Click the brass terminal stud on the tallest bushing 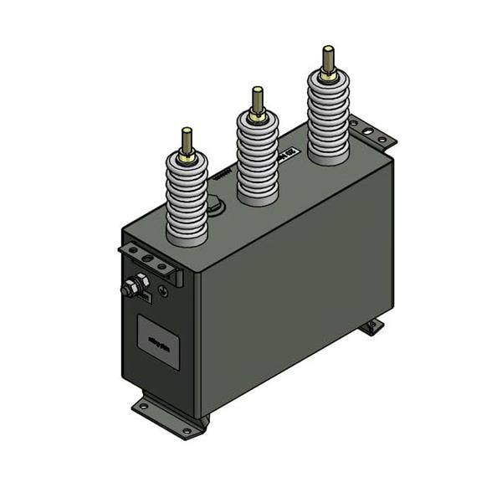pyautogui.click(x=328, y=58)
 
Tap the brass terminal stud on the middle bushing pyautogui.click(x=258, y=99)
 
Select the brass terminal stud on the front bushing pyautogui.click(x=186, y=140)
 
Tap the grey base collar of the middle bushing pyautogui.click(x=258, y=197)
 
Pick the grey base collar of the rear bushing pyautogui.click(x=328, y=156)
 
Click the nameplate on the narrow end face pyautogui.click(x=158, y=341)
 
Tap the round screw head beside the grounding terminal pyautogui.click(x=163, y=292)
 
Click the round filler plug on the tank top pyautogui.click(x=215, y=203)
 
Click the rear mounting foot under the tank pyautogui.click(x=371, y=325)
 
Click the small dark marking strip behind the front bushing pyautogui.click(x=221, y=177)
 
